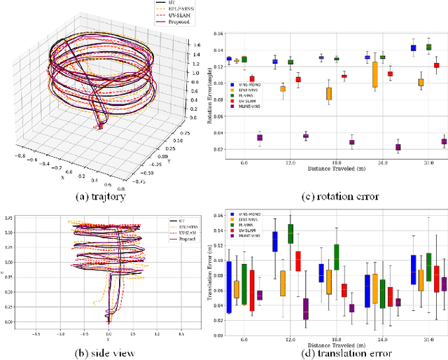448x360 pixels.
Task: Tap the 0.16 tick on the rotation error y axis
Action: pos(218,34)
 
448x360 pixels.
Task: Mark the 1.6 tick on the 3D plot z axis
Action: pos(199,44)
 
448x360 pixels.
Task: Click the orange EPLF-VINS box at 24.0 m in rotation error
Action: pos(375,74)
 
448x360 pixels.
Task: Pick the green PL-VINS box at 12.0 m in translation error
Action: pos(290,233)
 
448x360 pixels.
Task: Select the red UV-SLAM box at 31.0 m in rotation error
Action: pos(436,65)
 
